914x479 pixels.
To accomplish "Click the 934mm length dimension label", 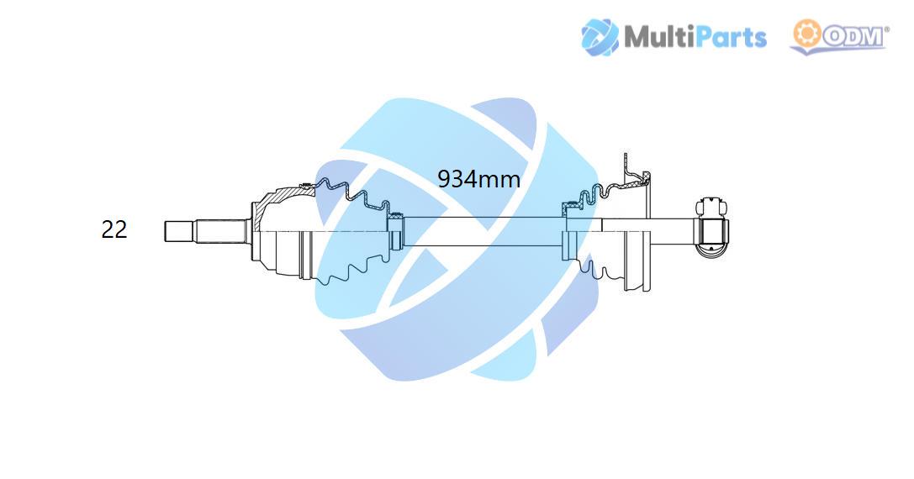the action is click(478, 179).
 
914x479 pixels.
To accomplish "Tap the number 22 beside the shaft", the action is click(114, 229).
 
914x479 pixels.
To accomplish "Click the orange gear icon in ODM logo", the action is click(806, 34).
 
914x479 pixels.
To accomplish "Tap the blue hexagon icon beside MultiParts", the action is click(600, 37).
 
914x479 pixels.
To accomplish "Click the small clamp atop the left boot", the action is click(307, 187).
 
